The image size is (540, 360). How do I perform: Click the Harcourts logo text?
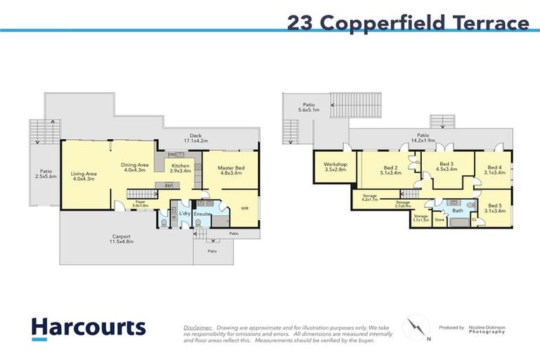[x=89, y=328]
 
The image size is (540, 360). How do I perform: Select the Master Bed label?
[x=229, y=169]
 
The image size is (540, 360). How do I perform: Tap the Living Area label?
[x=82, y=176]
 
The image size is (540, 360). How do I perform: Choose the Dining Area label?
[x=134, y=167]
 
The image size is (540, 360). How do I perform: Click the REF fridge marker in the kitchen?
[x=168, y=186]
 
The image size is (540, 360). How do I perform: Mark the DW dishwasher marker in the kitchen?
[x=171, y=154]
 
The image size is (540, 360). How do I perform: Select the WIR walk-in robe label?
[x=244, y=209]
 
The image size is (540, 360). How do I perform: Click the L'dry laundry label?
[x=185, y=213]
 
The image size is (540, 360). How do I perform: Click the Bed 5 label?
[x=495, y=208]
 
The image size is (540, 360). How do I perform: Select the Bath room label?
[x=457, y=210]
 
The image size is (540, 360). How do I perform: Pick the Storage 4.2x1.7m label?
[x=370, y=198]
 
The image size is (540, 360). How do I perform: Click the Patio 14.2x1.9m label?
[x=423, y=138]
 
